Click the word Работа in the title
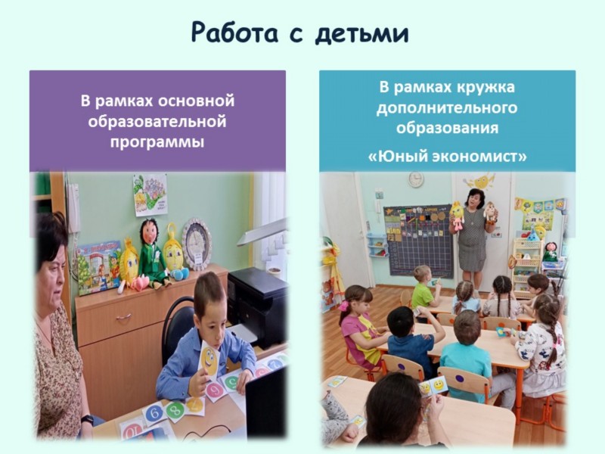click(234, 33)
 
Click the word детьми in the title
click(361, 33)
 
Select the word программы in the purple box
click(157, 142)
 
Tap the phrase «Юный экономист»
click(447, 157)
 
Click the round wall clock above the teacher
click(416, 179)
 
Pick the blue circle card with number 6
click(154, 413)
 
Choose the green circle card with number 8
click(175, 409)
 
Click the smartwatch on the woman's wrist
click(87, 420)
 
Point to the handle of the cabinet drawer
click(123, 316)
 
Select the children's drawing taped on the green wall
click(150, 194)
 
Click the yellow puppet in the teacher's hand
click(458, 216)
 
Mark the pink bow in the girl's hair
click(343, 306)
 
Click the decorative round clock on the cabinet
click(197, 242)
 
